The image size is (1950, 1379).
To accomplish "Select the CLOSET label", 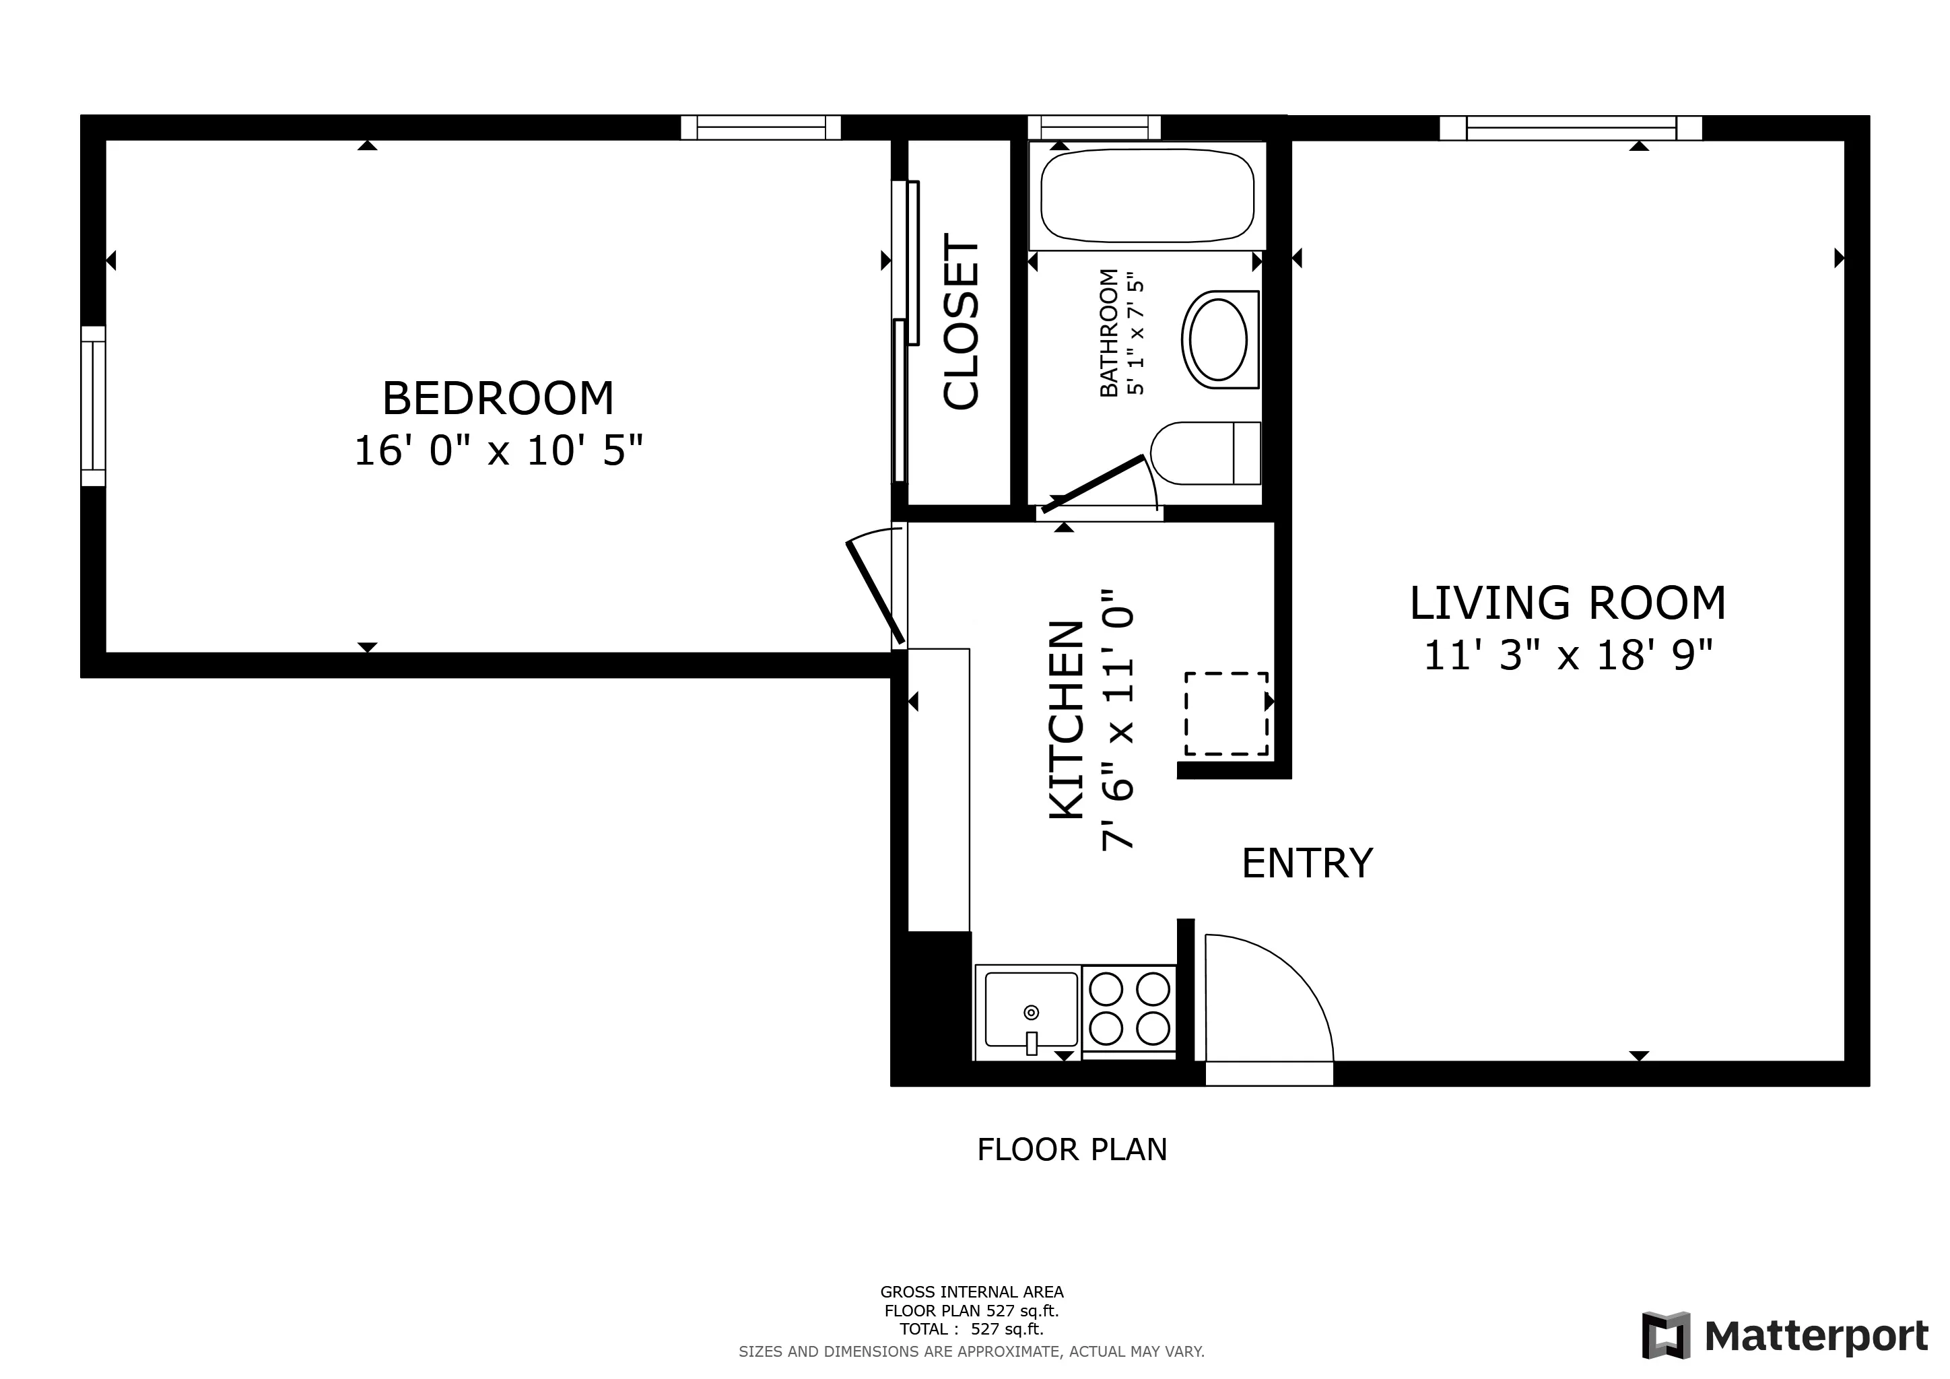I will (962, 322).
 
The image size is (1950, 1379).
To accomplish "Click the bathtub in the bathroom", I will (1147, 195).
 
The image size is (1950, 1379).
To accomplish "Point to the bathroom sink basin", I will (1219, 339).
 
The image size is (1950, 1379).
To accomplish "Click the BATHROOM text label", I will (1108, 333).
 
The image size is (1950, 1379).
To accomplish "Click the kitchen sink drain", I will (1031, 1012).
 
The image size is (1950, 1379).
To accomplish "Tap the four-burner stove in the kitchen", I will (1130, 1009).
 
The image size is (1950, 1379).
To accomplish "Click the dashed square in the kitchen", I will (1225, 713).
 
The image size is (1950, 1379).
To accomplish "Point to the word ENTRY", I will (1307, 864).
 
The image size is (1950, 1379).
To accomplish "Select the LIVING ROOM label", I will (1567, 604).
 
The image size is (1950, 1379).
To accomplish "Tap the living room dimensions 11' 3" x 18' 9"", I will (1567, 656).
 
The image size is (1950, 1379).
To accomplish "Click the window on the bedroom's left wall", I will (94, 406).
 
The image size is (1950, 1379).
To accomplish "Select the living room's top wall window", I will (1570, 128).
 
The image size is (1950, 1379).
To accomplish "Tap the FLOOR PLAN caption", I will (1072, 1150).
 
